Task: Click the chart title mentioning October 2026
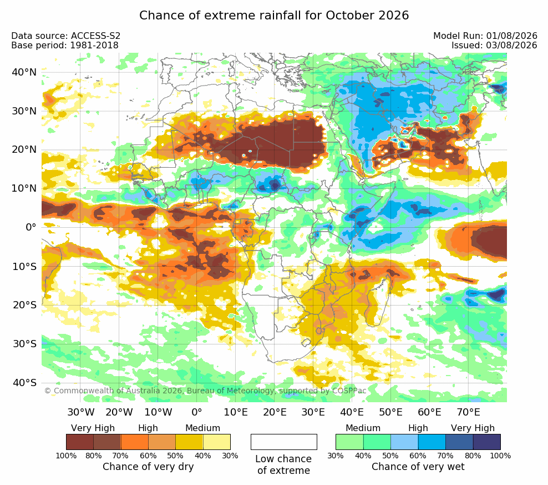tap(274, 16)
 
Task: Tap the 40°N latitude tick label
tap(24, 72)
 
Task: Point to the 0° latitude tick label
tap(31, 227)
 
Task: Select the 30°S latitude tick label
tap(24, 344)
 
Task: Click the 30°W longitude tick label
tap(81, 412)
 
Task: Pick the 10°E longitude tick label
tap(236, 412)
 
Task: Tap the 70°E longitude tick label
tap(468, 412)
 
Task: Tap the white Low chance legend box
tap(284, 442)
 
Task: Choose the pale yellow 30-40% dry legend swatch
tap(217, 442)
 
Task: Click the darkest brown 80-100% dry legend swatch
tap(80, 442)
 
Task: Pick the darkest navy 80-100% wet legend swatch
tap(487, 442)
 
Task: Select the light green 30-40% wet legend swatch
tap(349, 442)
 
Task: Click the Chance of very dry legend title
tap(148, 467)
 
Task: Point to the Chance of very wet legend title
tap(418, 467)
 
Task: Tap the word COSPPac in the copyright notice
tap(349, 391)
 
